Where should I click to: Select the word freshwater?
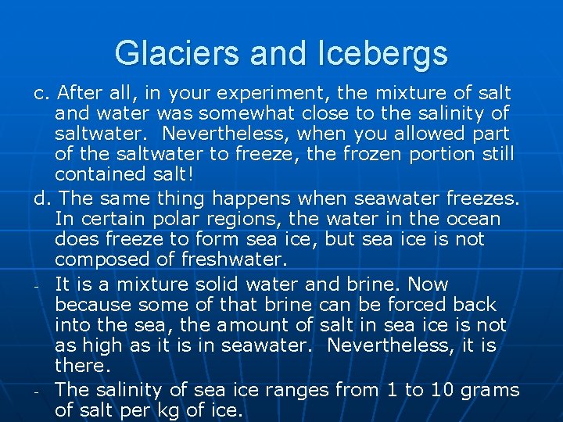229,259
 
